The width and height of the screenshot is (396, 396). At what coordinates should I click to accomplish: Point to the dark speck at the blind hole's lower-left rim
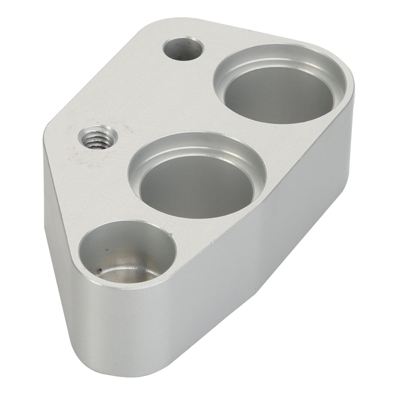[x=99, y=270]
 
